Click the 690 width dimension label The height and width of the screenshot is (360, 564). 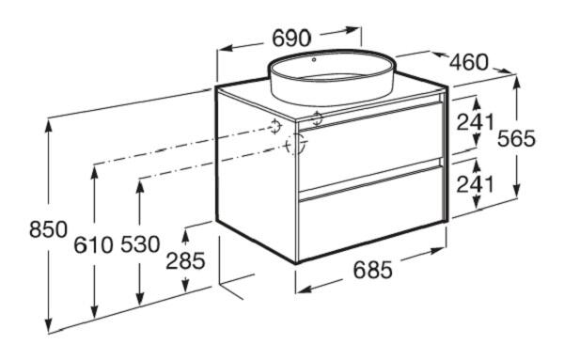(x=291, y=39)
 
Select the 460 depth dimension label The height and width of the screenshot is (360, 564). (x=469, y=62)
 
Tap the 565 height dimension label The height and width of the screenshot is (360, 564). (x=516, y=138)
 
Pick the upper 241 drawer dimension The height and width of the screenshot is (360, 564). (x=476, y=122)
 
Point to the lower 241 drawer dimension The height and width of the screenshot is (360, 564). (x=476, y=184)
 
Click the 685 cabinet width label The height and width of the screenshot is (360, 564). (x=372, y=270)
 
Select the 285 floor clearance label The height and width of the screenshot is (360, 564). (x=185, y=260)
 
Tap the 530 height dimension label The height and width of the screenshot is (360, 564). (x=140, y=244)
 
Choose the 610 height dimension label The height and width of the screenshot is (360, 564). (x=93, y=245)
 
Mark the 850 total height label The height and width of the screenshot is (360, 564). (x=48, y=229)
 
